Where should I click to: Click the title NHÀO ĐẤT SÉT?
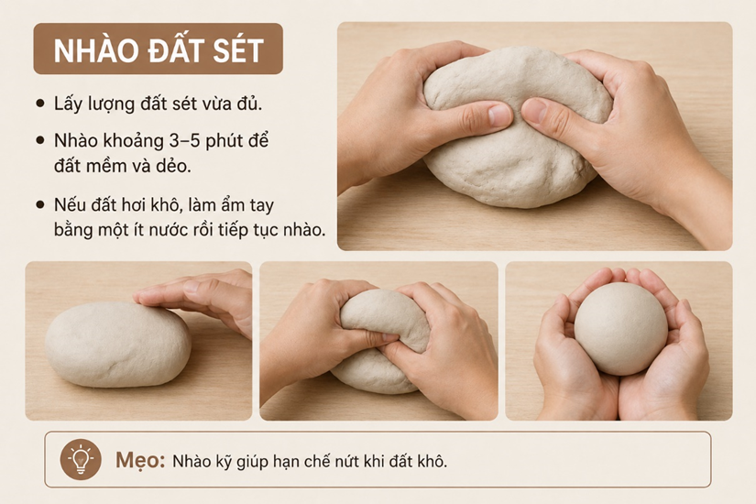click(159, 49)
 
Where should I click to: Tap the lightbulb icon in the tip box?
click(81, 460)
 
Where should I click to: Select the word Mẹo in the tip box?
click(140, 461)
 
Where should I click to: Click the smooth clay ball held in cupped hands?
click(621, 329)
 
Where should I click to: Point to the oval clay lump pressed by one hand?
click(118, 345)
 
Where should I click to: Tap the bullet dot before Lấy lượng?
click(40, 104)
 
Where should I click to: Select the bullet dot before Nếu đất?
click(40, 205)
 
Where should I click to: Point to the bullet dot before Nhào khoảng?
click(40, 140)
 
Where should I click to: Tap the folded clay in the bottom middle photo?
click(381, 342)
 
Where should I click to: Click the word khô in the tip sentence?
click(433, 461)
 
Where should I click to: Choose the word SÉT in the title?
click(238, 49)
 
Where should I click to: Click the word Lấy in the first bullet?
click(67, 104)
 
